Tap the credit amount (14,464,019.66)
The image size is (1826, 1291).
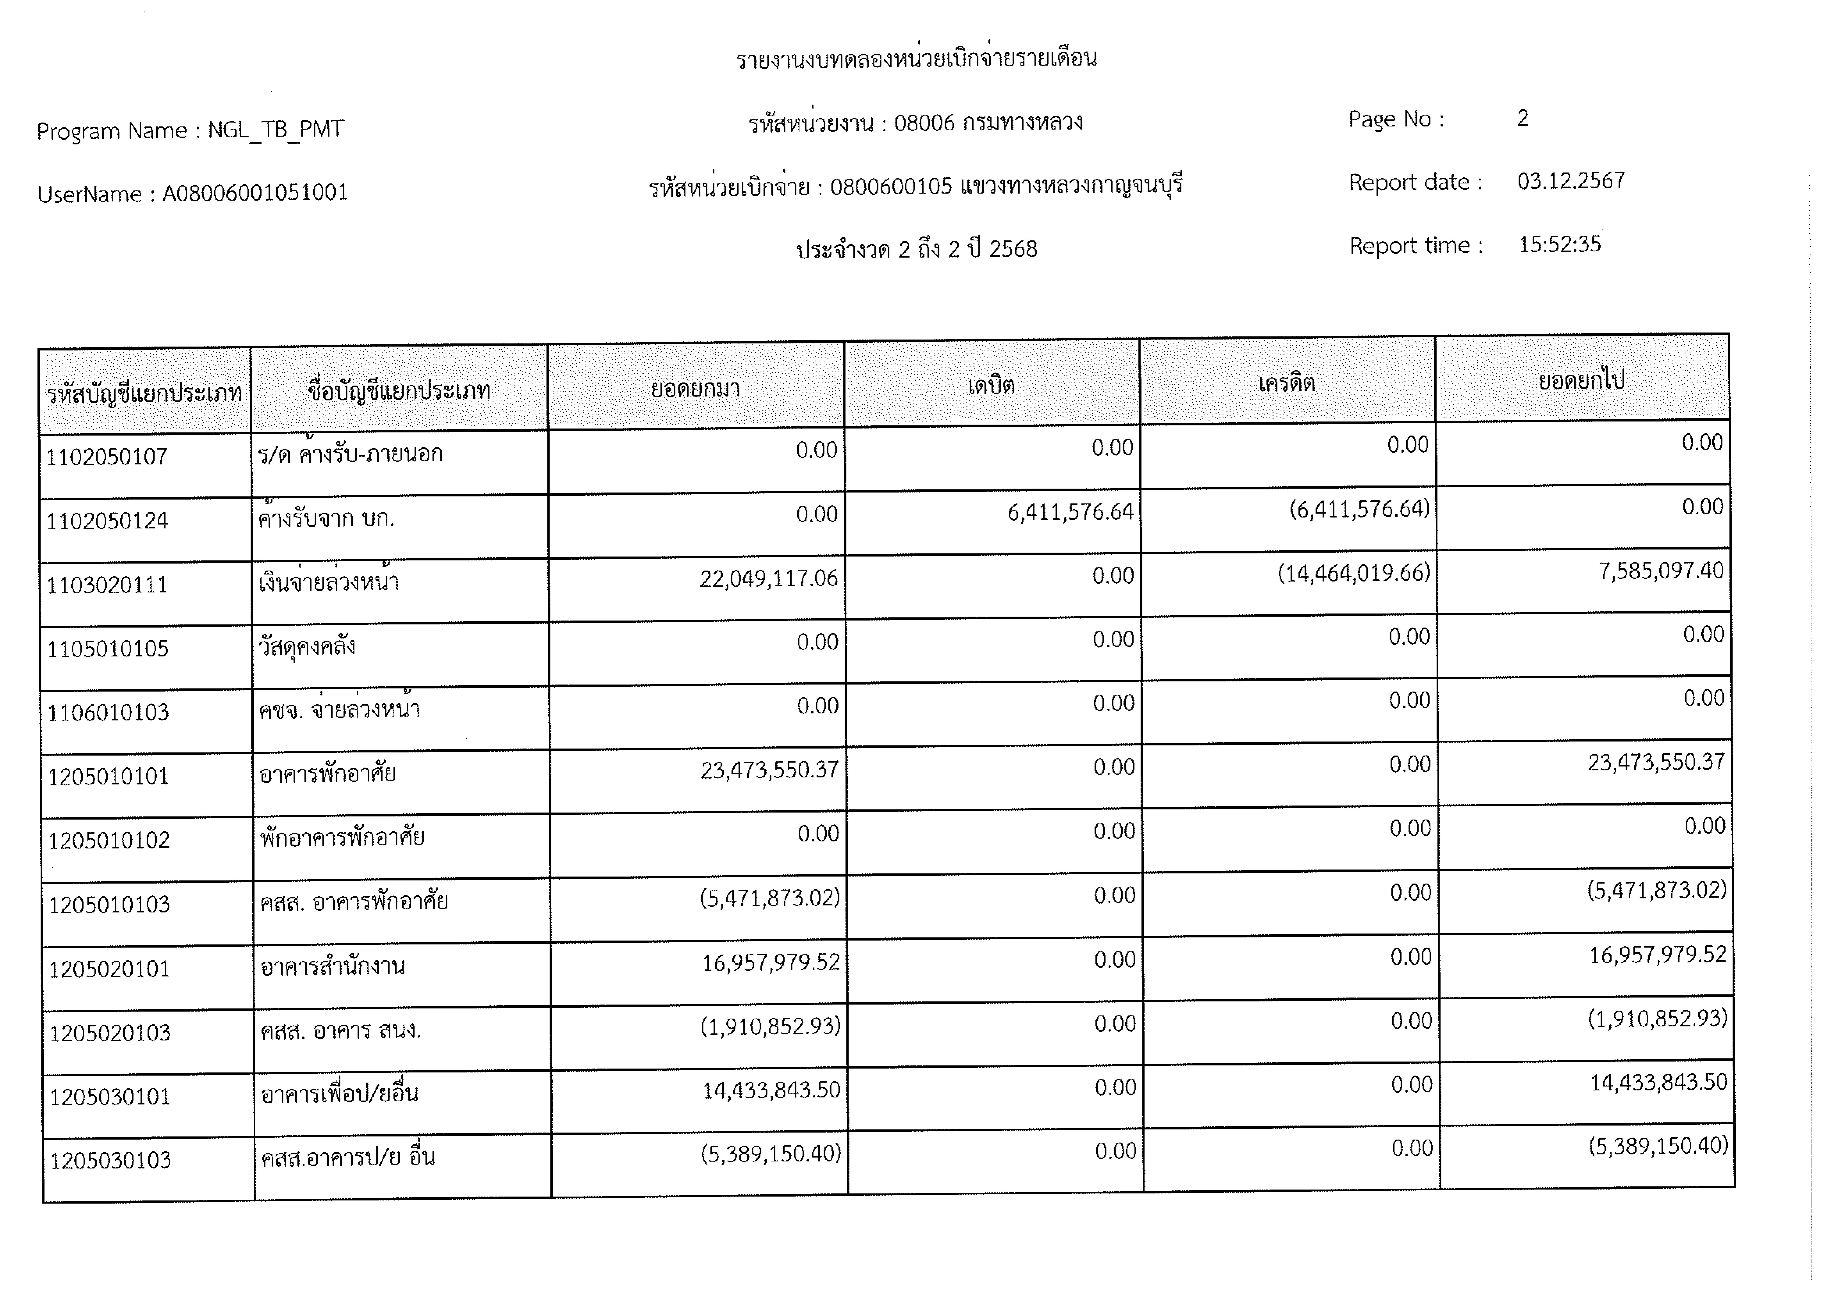coord(1354,573)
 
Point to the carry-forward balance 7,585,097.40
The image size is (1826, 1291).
coord(1660,571)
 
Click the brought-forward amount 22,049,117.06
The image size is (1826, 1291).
coord(768,579)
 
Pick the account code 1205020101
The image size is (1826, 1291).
coord(110,969)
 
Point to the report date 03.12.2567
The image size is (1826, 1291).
coord(1571,181)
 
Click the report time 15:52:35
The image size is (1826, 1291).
coord(1559,244)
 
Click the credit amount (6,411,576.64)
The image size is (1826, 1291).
coord(1359,509)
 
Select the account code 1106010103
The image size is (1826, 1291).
coord(108,712)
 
